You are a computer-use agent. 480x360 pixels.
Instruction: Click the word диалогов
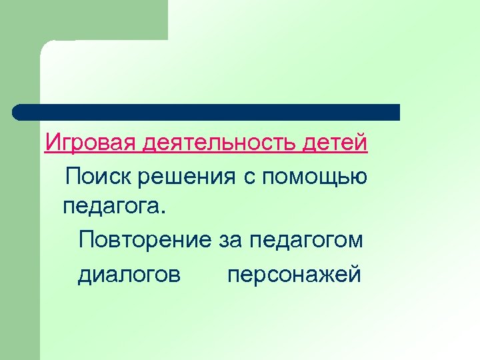pyautogui.click(x=129, y=274)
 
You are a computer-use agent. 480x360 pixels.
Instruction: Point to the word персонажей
pyautogui.click(x=294, y=274)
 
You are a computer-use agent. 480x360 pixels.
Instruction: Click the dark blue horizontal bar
pyautogui.click(x=207, y=112)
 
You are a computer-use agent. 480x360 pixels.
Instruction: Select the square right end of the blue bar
pyautogui.click(x=394, y=112)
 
